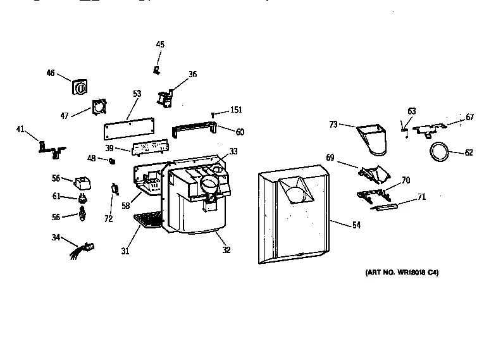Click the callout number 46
(x=51, y=73)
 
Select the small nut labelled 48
(x=111, y=161)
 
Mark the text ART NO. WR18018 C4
(x=402, y=272)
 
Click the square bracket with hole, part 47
(x=98, y=107)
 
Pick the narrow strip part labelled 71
(x=385, y=206)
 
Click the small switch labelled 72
(x=114, y=188)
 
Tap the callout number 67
(x=469, y=117)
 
